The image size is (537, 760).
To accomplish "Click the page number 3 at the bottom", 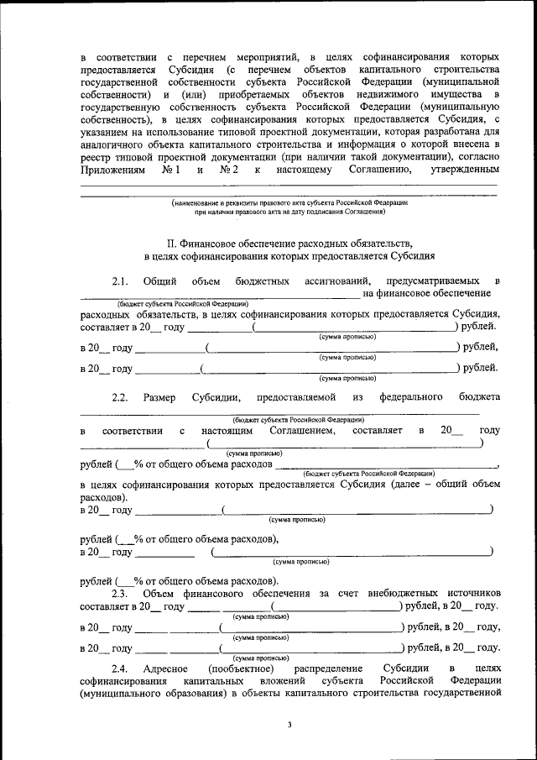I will click(288, 724).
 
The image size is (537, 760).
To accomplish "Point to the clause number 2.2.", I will click(119, 396).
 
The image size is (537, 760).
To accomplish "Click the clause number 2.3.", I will click(119, 594).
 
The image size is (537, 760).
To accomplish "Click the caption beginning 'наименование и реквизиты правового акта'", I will click(289, 204).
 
